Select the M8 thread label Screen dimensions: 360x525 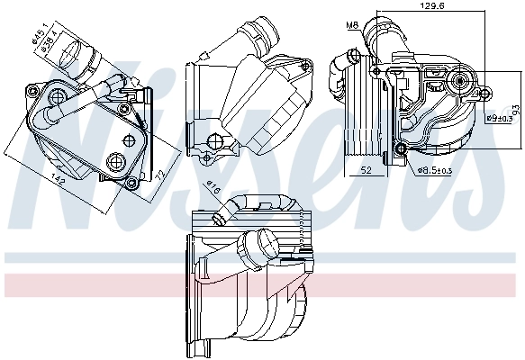pos(354,24)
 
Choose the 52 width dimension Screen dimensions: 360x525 pos(367,168)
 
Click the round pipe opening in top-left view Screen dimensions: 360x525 pos(73,54)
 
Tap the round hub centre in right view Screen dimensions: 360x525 pos(461,82)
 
